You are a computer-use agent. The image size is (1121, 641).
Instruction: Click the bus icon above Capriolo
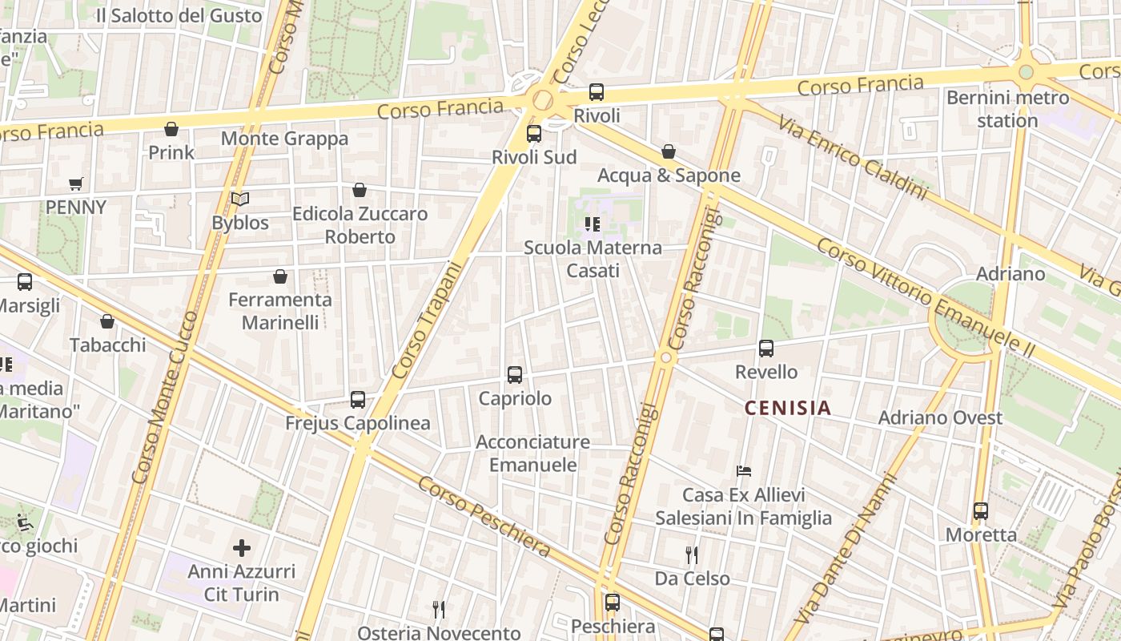coord(515,374)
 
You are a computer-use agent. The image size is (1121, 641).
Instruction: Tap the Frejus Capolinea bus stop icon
coord(358,399)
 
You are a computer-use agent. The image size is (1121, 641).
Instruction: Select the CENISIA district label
coord(788,408)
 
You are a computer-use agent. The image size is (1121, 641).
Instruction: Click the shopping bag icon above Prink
coord(171,129)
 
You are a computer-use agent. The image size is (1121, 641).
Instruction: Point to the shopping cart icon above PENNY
coord(76,184)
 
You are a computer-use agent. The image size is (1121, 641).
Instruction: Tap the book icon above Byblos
coord(240,199)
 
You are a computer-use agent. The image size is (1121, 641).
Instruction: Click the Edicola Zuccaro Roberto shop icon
coord(360,190)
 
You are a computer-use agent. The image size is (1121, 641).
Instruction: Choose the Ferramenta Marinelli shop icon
coord(280,276)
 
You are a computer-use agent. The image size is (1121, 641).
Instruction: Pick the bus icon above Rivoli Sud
coord(534,134)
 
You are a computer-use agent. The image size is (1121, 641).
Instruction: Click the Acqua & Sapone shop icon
coord(669,151)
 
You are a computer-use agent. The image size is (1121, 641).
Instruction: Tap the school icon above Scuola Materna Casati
coord(593,224)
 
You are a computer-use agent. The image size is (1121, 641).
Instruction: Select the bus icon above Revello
coord(766,349)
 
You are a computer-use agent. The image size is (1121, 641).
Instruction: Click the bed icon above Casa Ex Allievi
coord(744,471)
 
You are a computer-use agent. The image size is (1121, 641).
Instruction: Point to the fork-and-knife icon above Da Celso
coord(692,554)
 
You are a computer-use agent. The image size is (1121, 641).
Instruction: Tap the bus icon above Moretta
coord(981,510)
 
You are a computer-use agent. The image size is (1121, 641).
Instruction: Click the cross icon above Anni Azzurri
coord(242,548)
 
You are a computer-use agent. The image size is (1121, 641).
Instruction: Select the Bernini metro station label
coord(1007,109)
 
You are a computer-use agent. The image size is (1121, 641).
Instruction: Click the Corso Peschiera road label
coord(484,517)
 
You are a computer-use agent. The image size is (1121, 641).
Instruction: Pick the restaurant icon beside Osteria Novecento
coord(439,610)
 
